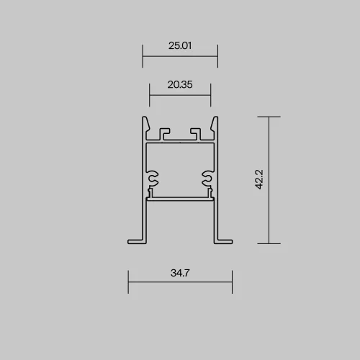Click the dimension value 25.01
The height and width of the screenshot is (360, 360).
click(x=180, y=45)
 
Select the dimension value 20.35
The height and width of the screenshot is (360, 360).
click(x=180, y=84)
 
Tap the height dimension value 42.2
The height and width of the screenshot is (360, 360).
click(x=259, y=179)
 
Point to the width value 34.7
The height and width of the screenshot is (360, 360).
click(x=180, y=273)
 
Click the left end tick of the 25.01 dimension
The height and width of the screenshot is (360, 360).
click(x=143, y=56)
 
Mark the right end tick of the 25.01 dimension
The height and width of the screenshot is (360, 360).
click(x=217, y=56)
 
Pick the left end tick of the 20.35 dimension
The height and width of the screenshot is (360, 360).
click(x=149, y=95)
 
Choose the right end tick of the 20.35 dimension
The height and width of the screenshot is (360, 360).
click(x=211, y=95)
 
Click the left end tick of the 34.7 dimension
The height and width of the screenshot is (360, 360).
click(x=128, y=282)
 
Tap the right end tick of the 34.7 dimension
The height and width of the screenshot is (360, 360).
click(x=232, y=282)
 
